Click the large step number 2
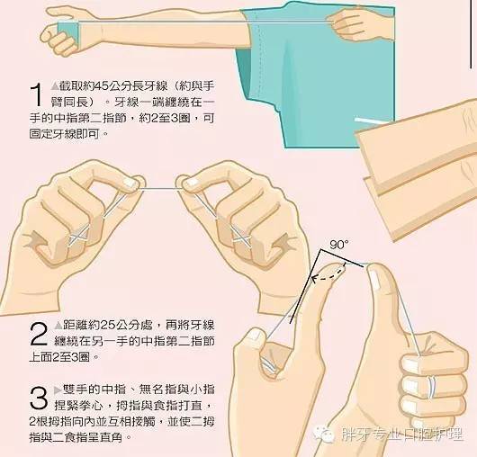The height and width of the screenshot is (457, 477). point(37,333)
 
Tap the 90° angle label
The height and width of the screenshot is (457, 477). point(337,244)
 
